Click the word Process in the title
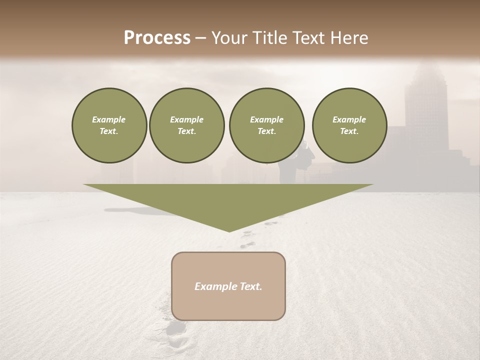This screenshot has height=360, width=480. (x=157, y=38)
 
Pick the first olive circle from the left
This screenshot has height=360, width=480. (x=109, y=125)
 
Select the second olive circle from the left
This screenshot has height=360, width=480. (x=186, y=125)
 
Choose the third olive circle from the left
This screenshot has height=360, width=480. (x=266, y=125)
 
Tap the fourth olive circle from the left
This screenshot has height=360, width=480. (x=349, y=125)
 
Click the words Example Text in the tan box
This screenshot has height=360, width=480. (x=228, y=286)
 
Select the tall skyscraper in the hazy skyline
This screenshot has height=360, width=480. (x=425, y=110)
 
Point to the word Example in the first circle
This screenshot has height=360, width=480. (x=109, y=119)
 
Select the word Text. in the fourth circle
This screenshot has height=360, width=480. (x=349, y=131)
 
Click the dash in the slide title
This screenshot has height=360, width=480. (x=201, y=38)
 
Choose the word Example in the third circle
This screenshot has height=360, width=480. (x=266, y=119)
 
